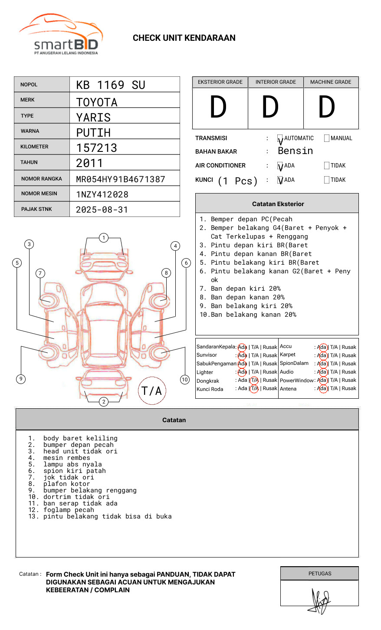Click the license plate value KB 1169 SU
pos(111,85)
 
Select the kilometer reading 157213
pos(97,148)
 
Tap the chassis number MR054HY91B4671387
pos(121,179)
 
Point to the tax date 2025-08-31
pos(102,210)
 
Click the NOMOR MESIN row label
pos(39,194)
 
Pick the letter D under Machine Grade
pos(327,108)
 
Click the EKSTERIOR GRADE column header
pos(220,82)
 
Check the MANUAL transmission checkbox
pos(327,138)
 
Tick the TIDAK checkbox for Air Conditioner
pos(327,166)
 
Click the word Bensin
pos(295,151)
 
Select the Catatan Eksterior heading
pos(278,204)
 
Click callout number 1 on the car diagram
pos(103,238)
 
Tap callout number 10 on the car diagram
pos(185,380)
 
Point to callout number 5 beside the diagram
pos(17,262)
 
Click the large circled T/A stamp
pos(152,391)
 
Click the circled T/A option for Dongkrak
pos(254,381)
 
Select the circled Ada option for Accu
pos(322,347)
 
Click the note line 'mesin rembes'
pos(67,458)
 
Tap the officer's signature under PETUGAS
pos(320,600)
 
